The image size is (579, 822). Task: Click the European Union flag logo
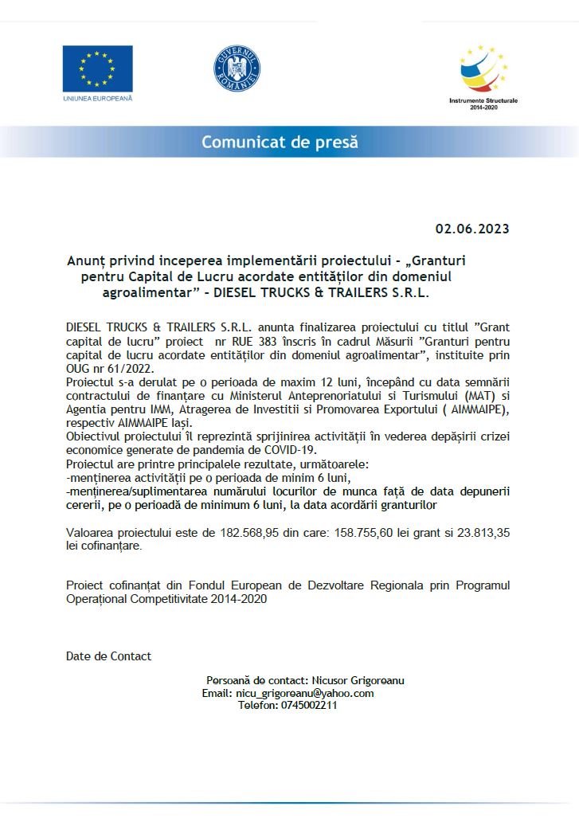98,68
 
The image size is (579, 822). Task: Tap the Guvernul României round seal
237,68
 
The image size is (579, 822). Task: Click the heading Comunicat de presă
280,143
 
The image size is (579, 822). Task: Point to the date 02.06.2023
471,229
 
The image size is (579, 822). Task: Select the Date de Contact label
108,656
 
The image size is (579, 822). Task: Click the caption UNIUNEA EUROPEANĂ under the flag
98,99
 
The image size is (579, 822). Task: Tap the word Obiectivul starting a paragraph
97,436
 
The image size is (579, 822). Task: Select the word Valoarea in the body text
90,533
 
